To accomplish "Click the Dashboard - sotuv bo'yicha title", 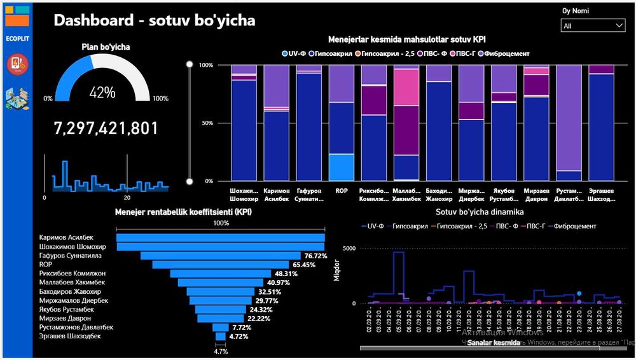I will point(154,20).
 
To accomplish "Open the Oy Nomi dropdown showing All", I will point(593,25).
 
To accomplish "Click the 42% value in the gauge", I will point(102,93).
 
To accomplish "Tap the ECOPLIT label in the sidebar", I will point(17,39).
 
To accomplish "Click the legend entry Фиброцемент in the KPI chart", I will point(507,53).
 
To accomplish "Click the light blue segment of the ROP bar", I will point(342,167).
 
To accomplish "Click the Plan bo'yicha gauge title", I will point(106,46).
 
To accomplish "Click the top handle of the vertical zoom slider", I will point(189,64).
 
